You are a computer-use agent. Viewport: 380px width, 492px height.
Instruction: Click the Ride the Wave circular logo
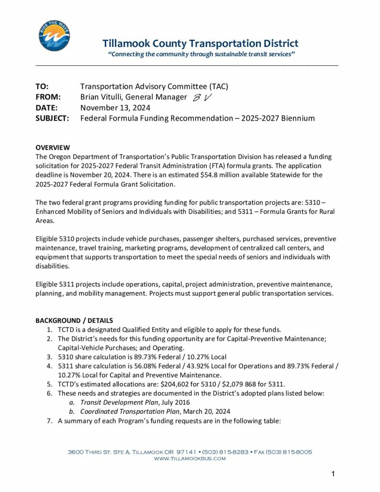pos(54,36)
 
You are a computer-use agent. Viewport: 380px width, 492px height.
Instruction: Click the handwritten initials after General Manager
pos(202,98)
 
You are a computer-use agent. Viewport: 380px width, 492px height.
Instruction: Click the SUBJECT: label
pos(53,118)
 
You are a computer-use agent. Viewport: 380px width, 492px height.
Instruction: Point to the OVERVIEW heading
pos(53,148)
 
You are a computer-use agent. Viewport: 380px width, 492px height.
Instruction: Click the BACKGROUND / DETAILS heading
pos(74,320)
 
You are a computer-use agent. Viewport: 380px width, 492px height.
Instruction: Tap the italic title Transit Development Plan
pos(122,402)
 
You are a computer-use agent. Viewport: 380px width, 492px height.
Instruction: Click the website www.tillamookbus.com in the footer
pos(190,459)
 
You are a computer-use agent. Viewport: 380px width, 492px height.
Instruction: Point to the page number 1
pos(333,474)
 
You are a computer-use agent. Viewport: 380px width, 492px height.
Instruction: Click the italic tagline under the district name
pos(201,54)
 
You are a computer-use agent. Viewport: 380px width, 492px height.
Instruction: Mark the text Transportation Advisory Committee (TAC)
pos(154,86)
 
